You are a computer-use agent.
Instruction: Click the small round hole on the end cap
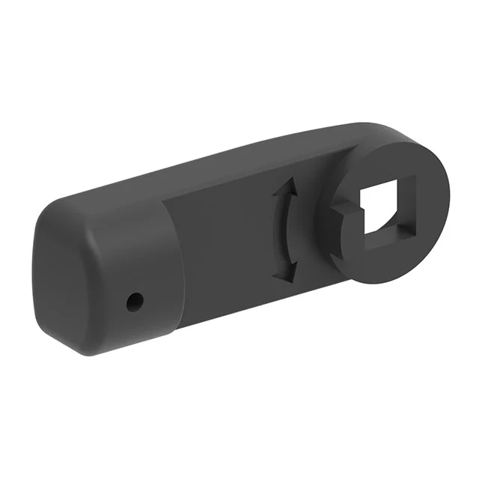click(135, 302)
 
